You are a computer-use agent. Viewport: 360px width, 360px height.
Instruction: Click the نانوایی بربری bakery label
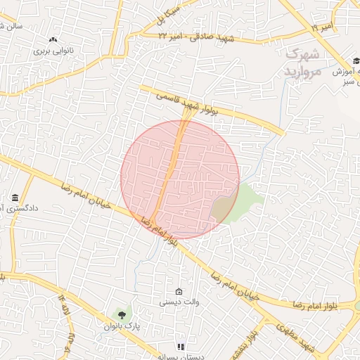(53, 51)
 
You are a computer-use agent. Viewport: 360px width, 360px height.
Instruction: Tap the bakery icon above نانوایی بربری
(53, 39)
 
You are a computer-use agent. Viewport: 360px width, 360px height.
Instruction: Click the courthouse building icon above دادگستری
(15, 197)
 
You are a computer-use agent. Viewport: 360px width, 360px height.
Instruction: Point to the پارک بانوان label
(122, 326)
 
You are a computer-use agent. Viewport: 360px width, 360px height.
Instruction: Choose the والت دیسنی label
(179, 303)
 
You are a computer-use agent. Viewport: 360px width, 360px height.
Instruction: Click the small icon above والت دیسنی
(179, 292)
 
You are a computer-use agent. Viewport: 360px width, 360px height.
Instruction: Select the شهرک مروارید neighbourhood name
(303, 63)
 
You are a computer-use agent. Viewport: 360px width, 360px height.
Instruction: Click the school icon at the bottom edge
(181, 347)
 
